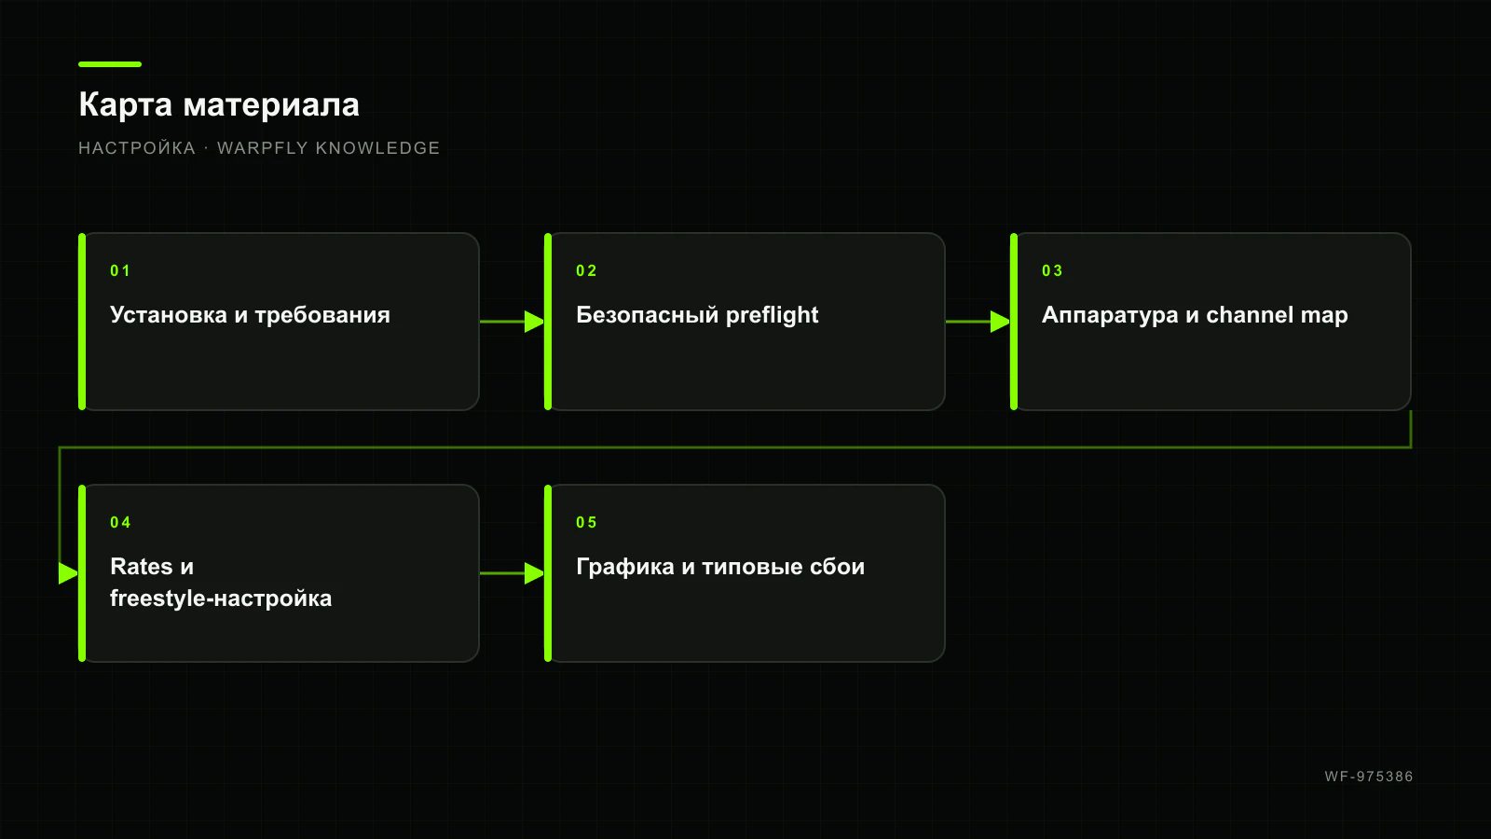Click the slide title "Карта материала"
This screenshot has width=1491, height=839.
coord(219,105)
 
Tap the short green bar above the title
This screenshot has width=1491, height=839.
coord(110,64)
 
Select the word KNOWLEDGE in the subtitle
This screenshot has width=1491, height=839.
coord(377,148)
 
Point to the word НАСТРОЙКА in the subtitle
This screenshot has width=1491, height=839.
coord(137,148)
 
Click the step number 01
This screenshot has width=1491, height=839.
coord(120,270)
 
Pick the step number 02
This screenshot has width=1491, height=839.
coord(586,270)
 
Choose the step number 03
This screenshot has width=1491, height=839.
coord(1052,270)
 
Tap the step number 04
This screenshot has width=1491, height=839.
coord(120,522)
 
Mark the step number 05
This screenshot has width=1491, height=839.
coord(586,522)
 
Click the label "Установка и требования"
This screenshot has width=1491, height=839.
coord(251,315)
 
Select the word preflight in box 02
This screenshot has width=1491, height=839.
coord(773,315)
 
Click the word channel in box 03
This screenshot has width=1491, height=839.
coord(1250,314)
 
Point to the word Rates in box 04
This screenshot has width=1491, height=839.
coord(141,566)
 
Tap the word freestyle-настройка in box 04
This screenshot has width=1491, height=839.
coord(221,598)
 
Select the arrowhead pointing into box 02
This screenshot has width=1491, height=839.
coord(535,322)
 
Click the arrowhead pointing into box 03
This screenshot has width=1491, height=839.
coord(1001,322)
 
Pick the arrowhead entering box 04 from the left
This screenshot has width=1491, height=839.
coord(69,573)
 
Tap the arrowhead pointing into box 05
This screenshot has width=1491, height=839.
coord(535,573)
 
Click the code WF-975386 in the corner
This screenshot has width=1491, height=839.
coord(1369,777)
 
